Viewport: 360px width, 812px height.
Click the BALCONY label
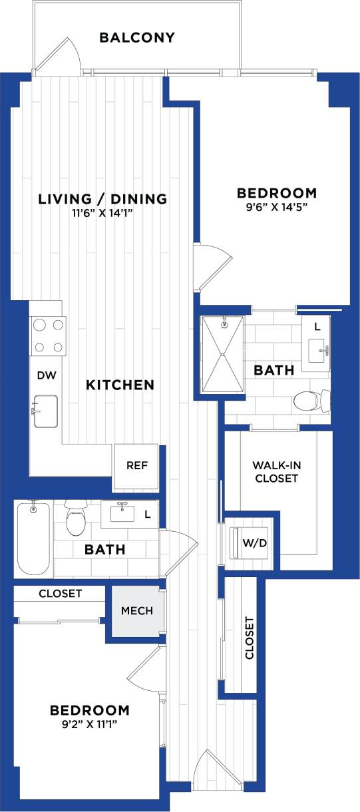(137, 37)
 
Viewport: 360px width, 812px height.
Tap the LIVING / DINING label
(102, 198)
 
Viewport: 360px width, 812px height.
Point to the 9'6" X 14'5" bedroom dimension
(277, 207)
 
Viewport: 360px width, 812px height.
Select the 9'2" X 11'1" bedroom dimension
(89, 724)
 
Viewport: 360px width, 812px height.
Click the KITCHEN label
(120, 385)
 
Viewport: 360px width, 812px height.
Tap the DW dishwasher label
(47, 375)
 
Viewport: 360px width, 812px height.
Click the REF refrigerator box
(136, 465)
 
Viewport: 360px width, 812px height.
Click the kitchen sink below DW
(46, 411)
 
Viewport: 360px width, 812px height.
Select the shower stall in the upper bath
(223, 355)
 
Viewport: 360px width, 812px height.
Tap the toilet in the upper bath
(309, 400)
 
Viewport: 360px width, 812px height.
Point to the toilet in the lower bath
(76, 519)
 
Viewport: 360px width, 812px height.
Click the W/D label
(255, 544)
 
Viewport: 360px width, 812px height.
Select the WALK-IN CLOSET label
(275, 471)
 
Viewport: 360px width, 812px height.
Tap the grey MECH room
(136, 611)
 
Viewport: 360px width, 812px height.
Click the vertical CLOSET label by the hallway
(250, 638)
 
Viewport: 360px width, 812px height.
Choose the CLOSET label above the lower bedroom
(60, 593)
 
